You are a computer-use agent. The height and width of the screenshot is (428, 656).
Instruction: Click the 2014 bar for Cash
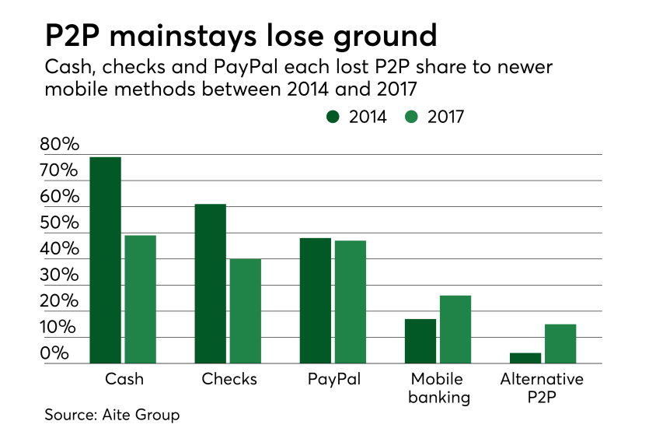(106, 260)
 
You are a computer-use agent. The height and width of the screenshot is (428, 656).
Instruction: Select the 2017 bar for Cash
(141, 299)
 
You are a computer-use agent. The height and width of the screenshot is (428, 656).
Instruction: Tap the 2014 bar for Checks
(211, 283)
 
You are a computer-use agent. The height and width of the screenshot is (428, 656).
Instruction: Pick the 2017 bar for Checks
(246, 310)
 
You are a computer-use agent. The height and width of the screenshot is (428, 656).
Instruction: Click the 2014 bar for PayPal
(316, 300)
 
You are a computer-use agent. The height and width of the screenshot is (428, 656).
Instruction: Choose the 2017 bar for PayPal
(351, 302)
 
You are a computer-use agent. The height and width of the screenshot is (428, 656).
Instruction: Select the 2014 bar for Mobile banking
(420, 341)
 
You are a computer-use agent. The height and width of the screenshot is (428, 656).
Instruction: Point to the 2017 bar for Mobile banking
(455, 329)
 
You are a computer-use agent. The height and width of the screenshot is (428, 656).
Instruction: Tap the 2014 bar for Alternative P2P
(525, 358)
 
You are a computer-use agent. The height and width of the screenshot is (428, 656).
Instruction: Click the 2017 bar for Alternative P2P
(560, 343)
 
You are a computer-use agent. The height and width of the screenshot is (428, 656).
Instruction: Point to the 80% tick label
(60, 145)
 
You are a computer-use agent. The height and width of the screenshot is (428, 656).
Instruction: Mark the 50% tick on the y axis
(60, 223)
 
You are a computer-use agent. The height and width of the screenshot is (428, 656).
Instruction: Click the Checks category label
(229, 380)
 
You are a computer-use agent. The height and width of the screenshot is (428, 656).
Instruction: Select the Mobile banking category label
(438, 388)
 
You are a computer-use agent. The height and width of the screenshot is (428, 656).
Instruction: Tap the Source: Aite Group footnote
(112, 415)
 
